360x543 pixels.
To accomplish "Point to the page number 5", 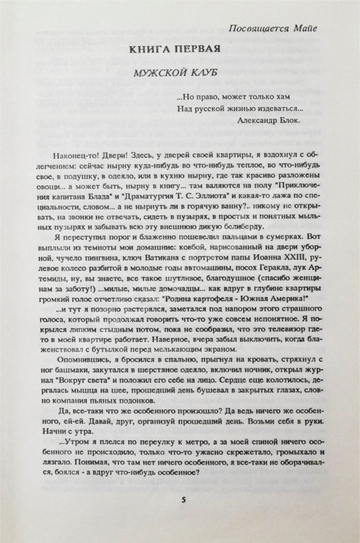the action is coord(184,499).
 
